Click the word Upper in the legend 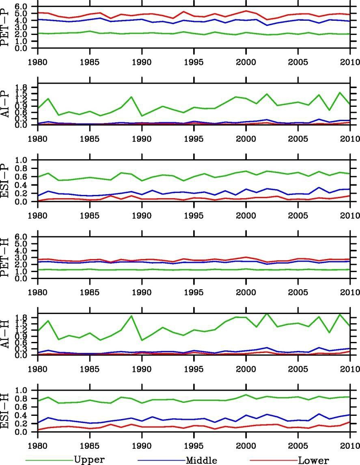click(89, 460)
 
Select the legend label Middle click(201, 460)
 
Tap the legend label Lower click(313, 460)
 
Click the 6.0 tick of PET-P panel click(22, 7)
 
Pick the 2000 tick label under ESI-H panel click(246, 445)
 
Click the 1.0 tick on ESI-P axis click(22, 160)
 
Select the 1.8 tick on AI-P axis click(22, 87)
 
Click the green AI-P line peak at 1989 click(131, 97)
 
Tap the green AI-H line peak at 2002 click(267, 314)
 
